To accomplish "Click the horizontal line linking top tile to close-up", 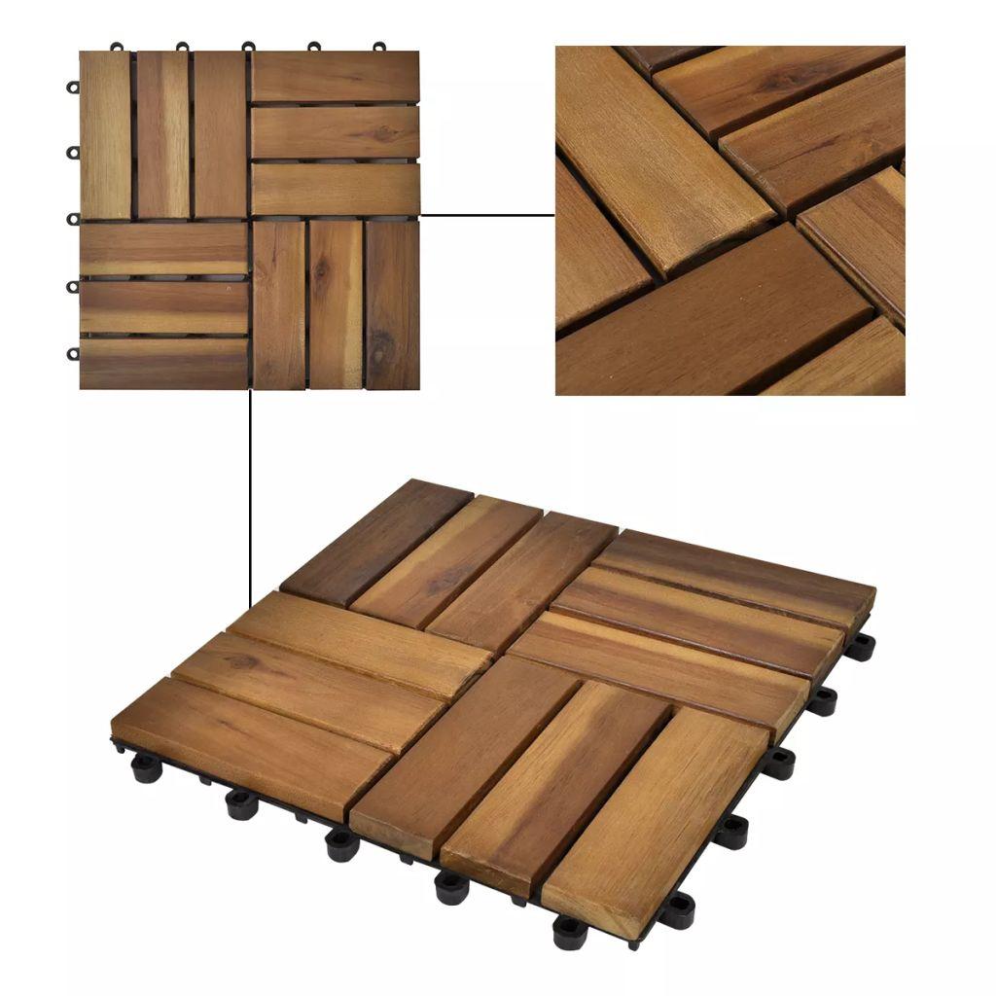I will coord(486,215).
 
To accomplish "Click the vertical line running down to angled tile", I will coord(251,486).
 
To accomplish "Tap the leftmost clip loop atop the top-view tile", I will coord(117,47).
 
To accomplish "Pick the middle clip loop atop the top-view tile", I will coord(248,47).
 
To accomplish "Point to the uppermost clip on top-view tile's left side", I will coord(73,87).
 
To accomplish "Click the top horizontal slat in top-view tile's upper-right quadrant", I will coord(336,76).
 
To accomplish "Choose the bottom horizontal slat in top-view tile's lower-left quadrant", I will coord(163,363).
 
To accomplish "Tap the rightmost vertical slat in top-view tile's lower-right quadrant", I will coord(392,304).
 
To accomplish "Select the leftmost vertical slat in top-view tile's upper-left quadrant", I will coord(105,134).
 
